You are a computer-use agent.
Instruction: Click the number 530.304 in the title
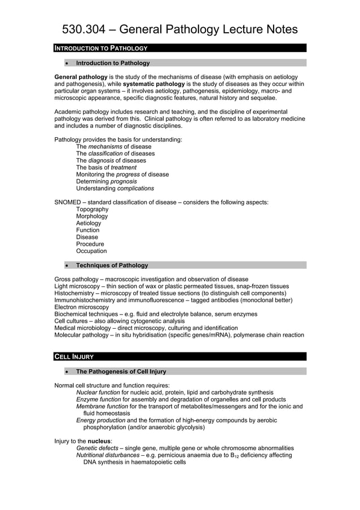click(80, 29)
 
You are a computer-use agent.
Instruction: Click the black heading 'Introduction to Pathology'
click(100, 48)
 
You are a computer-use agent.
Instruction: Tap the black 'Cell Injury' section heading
click(74, 356)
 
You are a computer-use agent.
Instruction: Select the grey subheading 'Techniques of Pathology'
click(112, 265)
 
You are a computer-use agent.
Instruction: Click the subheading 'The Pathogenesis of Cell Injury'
click(121, 372)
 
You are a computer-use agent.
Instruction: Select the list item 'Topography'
click(92, 210)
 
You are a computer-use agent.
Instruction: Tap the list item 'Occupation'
click(91, 251)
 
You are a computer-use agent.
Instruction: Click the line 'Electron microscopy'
click(81, 307)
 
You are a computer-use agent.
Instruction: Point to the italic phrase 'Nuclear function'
click(98, 393)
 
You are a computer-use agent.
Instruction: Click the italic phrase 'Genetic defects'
click(96, 448)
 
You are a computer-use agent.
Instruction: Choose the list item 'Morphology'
click(92, 216)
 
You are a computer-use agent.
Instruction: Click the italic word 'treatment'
click(124, 168)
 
